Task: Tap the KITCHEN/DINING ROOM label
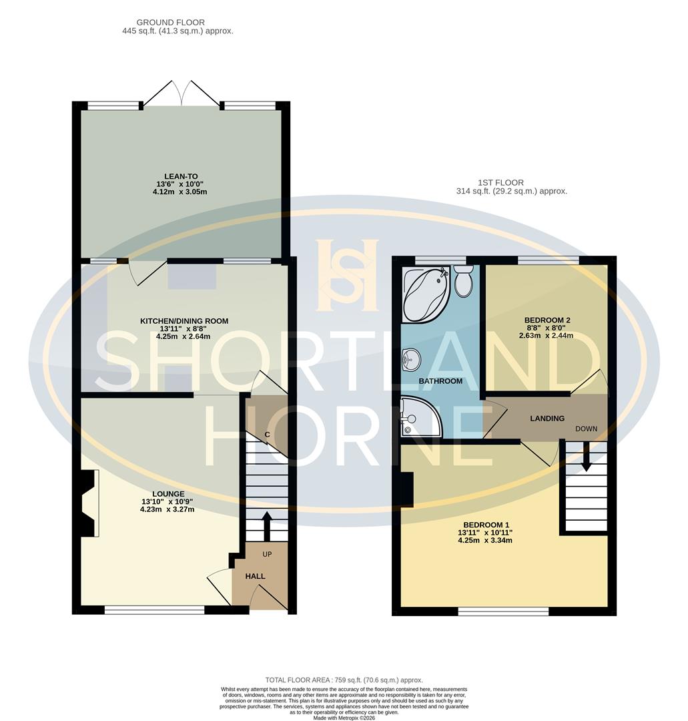tap(184, 321)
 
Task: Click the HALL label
tap(255, 576)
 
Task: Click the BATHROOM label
tap(440, 381)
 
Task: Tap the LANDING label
tap(547, 419)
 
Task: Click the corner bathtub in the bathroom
tap(425, 292)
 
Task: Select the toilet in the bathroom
tap(462, 281)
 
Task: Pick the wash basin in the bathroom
tap(410, 361)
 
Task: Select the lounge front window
tap(154, 610)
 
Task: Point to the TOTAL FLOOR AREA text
tap(344, 679)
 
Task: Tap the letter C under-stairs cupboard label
tap(267, 435)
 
